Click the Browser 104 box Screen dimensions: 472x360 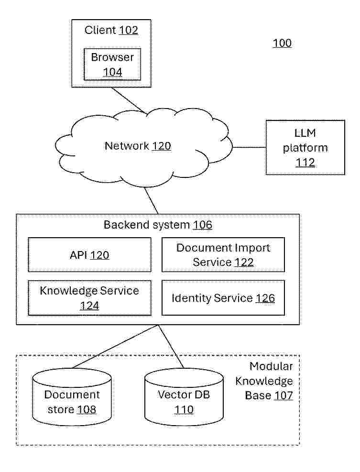click(x=112, y=65)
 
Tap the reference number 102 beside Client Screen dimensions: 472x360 click(x=128, y=31)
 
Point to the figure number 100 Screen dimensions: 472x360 click(x=282, y=44)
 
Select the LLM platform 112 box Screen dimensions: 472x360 click(x=305, y=148)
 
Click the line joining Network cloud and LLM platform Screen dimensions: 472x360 click(x=249, y=147)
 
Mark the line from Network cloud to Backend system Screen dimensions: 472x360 click(x=151, y=200)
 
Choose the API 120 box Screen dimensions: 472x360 click(x=89, y=255)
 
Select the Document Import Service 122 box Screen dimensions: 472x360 click(x=223, y=255)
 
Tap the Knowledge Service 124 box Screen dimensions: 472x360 click(x=89, y=298)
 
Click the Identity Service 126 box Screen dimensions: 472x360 click(x=223, y=298)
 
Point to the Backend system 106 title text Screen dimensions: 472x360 click(x=158, y=225)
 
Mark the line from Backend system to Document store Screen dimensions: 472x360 click(x=115, y=347)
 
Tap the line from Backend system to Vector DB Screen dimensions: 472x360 click(x=171, y=347)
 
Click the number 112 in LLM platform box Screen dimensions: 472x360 click(x=305, y=163)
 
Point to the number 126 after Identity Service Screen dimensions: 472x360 click(x=265, y=298)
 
